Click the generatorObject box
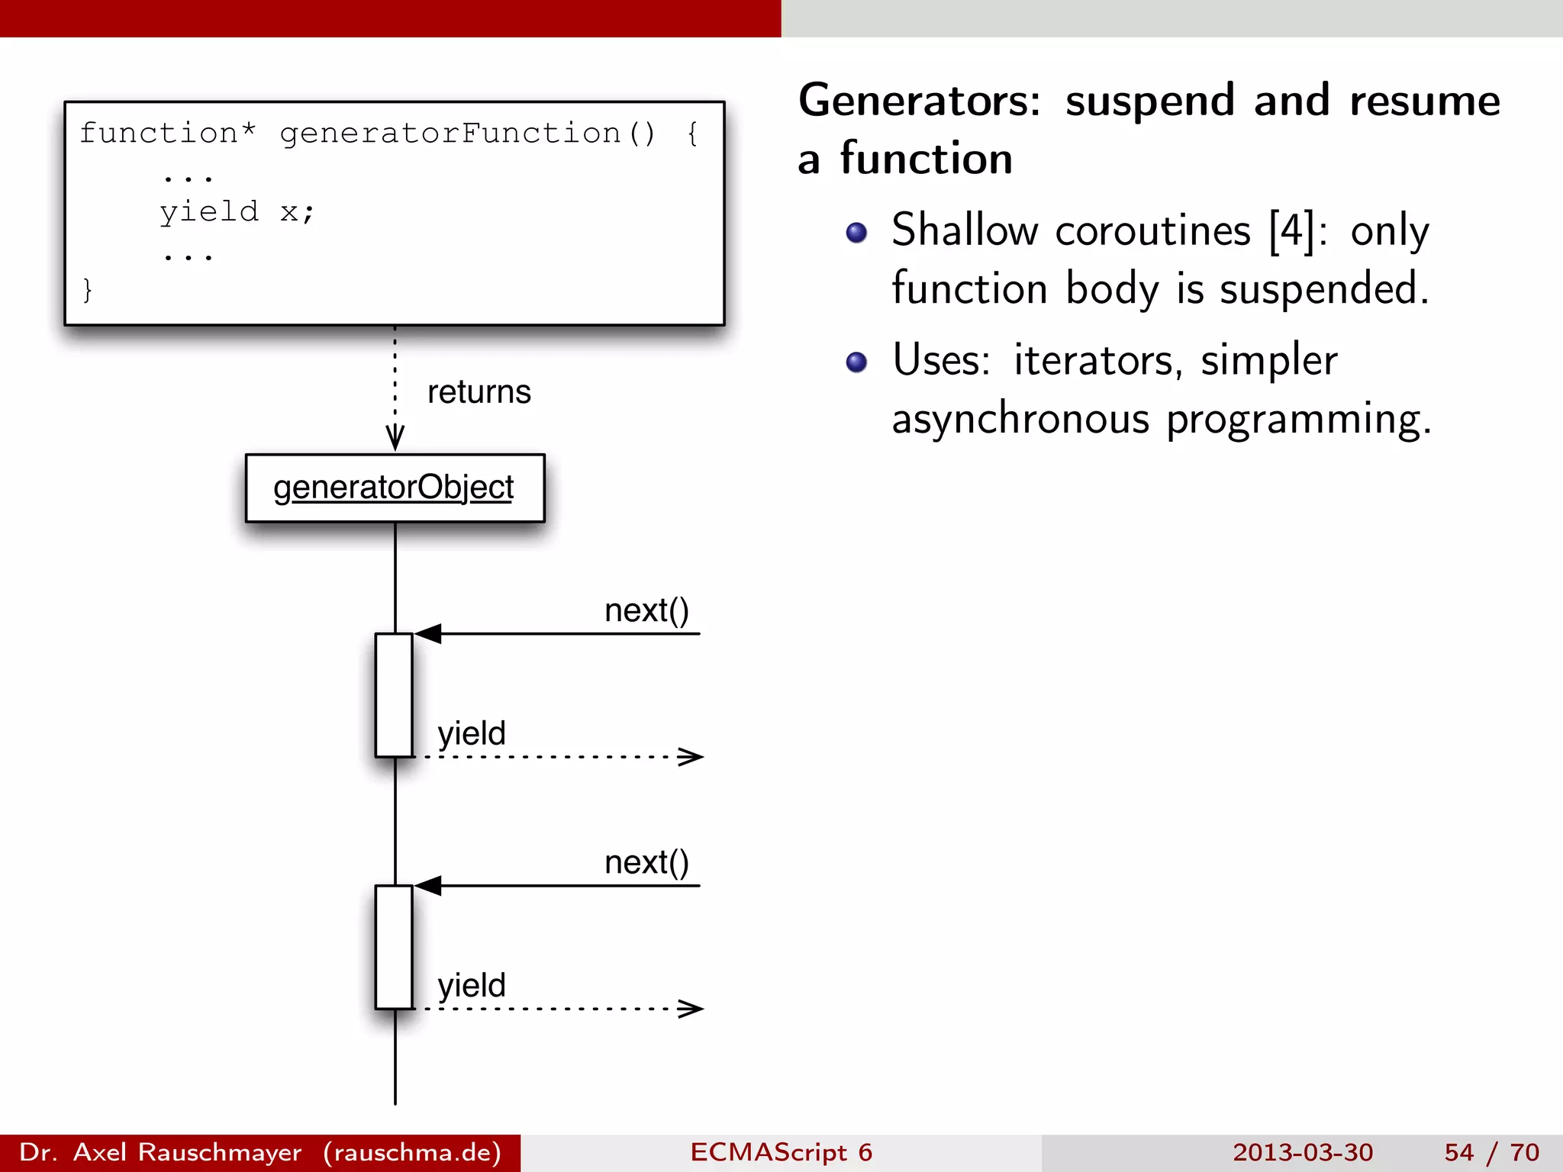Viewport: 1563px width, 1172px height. (395, 488)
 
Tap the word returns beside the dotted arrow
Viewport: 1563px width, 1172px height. (479, 392)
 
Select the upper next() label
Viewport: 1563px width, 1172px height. (646, 610)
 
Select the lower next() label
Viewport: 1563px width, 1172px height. (646, 863)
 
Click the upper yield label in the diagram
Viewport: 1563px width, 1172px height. (471, 733)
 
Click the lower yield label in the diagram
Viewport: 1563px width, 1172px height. (471, 986)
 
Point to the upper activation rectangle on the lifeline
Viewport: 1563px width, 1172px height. (394, 694)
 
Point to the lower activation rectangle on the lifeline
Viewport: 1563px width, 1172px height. (394, 947)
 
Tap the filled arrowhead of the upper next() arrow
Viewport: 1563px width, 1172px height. (427, 633)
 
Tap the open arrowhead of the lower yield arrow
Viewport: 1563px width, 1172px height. (691, 1009)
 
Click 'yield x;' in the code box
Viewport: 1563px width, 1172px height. (237, 212)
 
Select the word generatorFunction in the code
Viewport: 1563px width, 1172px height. (450, 134)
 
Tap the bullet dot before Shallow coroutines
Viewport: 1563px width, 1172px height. (856, 233)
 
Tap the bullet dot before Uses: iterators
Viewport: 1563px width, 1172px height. (856, 362)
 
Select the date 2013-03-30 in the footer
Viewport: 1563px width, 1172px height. (1302, 1152)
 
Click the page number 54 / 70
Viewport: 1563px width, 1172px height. (1491, 1152)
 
